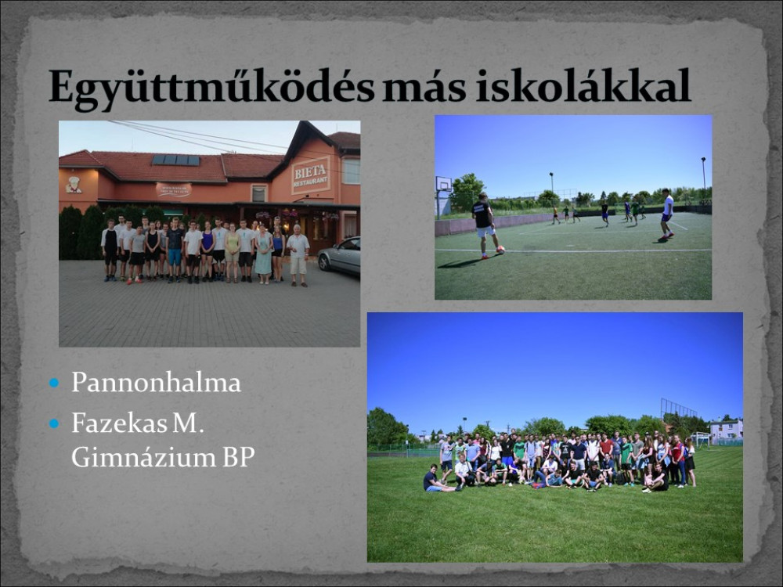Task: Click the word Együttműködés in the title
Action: (211, 88)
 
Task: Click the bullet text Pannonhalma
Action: (156, 383)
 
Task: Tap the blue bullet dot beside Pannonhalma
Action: (54, 384)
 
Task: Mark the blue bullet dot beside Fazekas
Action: (54, 423)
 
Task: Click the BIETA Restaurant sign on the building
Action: (311, 175)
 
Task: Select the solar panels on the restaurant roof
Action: (175, 160)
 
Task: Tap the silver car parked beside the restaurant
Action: (339, 256)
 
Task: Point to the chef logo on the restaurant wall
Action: (74, 184)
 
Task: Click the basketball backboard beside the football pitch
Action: (443, 184)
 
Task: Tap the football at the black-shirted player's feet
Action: (500, 250)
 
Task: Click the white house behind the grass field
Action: (726, 430)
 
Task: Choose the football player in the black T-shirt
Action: (483, 225)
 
